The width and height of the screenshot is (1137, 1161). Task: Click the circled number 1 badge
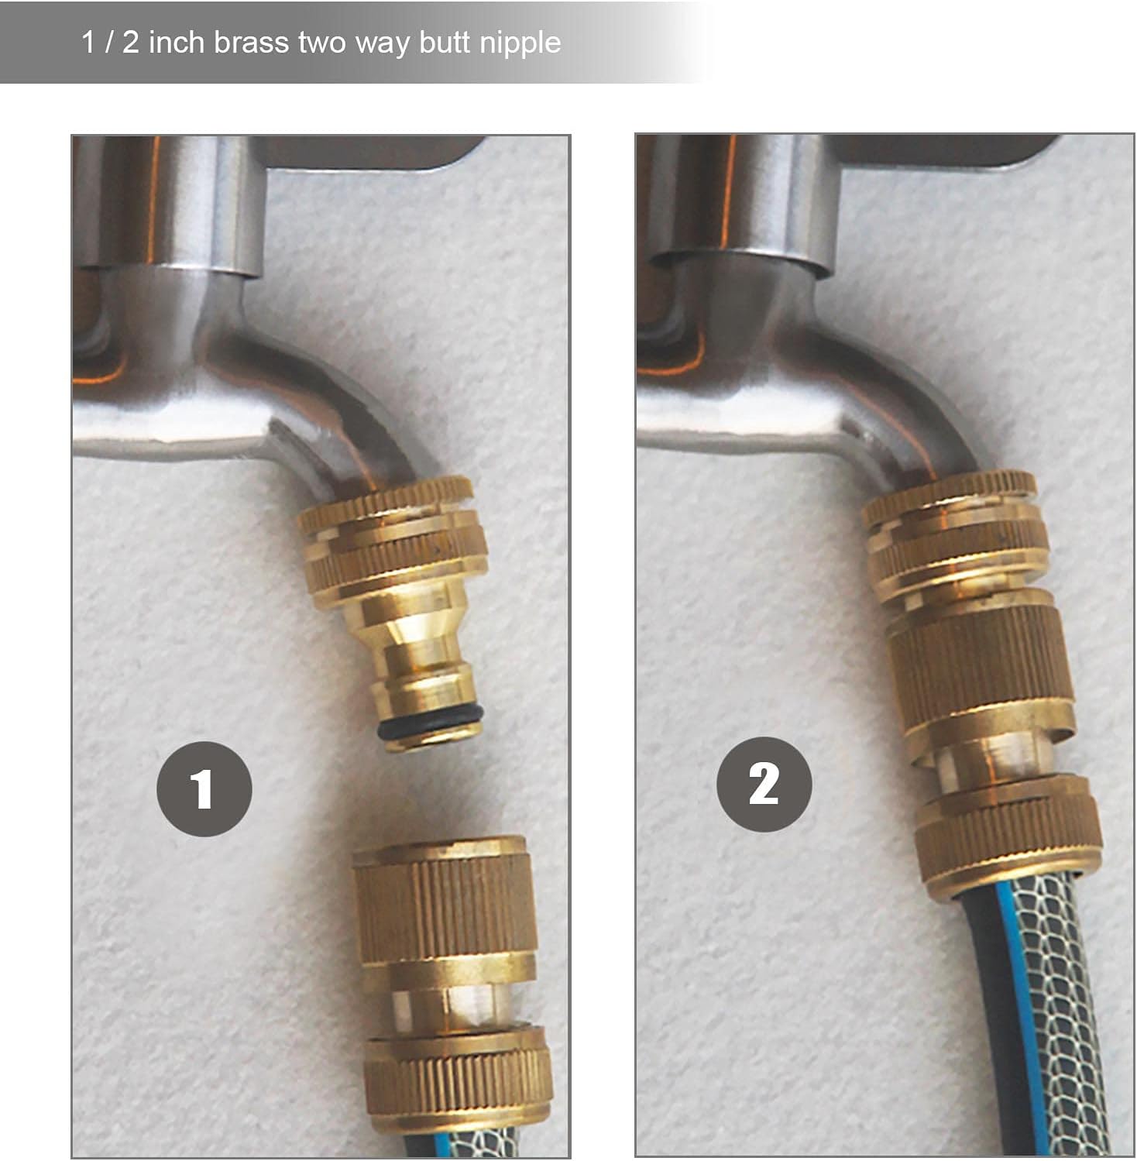(204, 788)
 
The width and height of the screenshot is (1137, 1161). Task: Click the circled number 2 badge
(764, 784)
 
